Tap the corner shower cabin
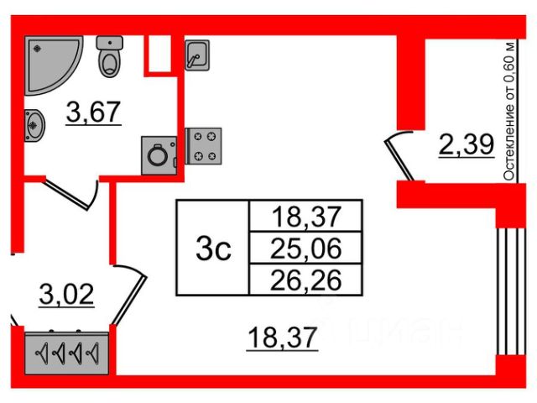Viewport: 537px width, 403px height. [x=50, y=62]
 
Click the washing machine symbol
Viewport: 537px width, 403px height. [x=157, y=154]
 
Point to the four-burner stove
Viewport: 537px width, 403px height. [x=203, y=144]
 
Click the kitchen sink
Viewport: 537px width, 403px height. [x=196, y=56]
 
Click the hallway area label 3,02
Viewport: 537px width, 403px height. [x=67, y=295]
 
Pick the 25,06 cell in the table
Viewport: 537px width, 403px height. [x=306, y=248]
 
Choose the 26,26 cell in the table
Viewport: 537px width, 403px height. [x=306, y=279]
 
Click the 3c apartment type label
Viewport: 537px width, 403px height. [x=213, y=248]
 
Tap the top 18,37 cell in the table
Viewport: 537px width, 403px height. [x=306, y=217]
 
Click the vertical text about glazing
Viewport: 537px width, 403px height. [x=508, y=109]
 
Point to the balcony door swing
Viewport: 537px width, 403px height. [x=399, y=156]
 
